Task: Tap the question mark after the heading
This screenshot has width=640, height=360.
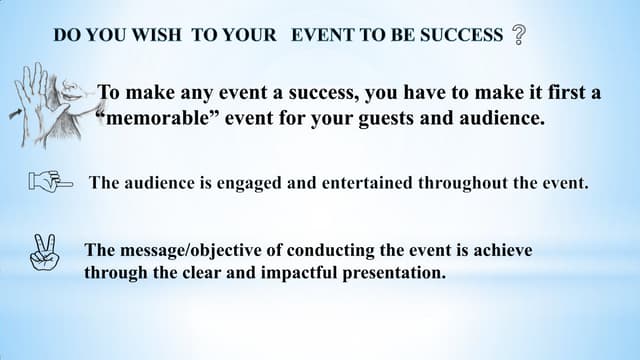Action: (518, 36)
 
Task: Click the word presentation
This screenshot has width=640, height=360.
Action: (394, 272)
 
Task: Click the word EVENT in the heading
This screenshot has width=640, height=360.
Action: (322, 36)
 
